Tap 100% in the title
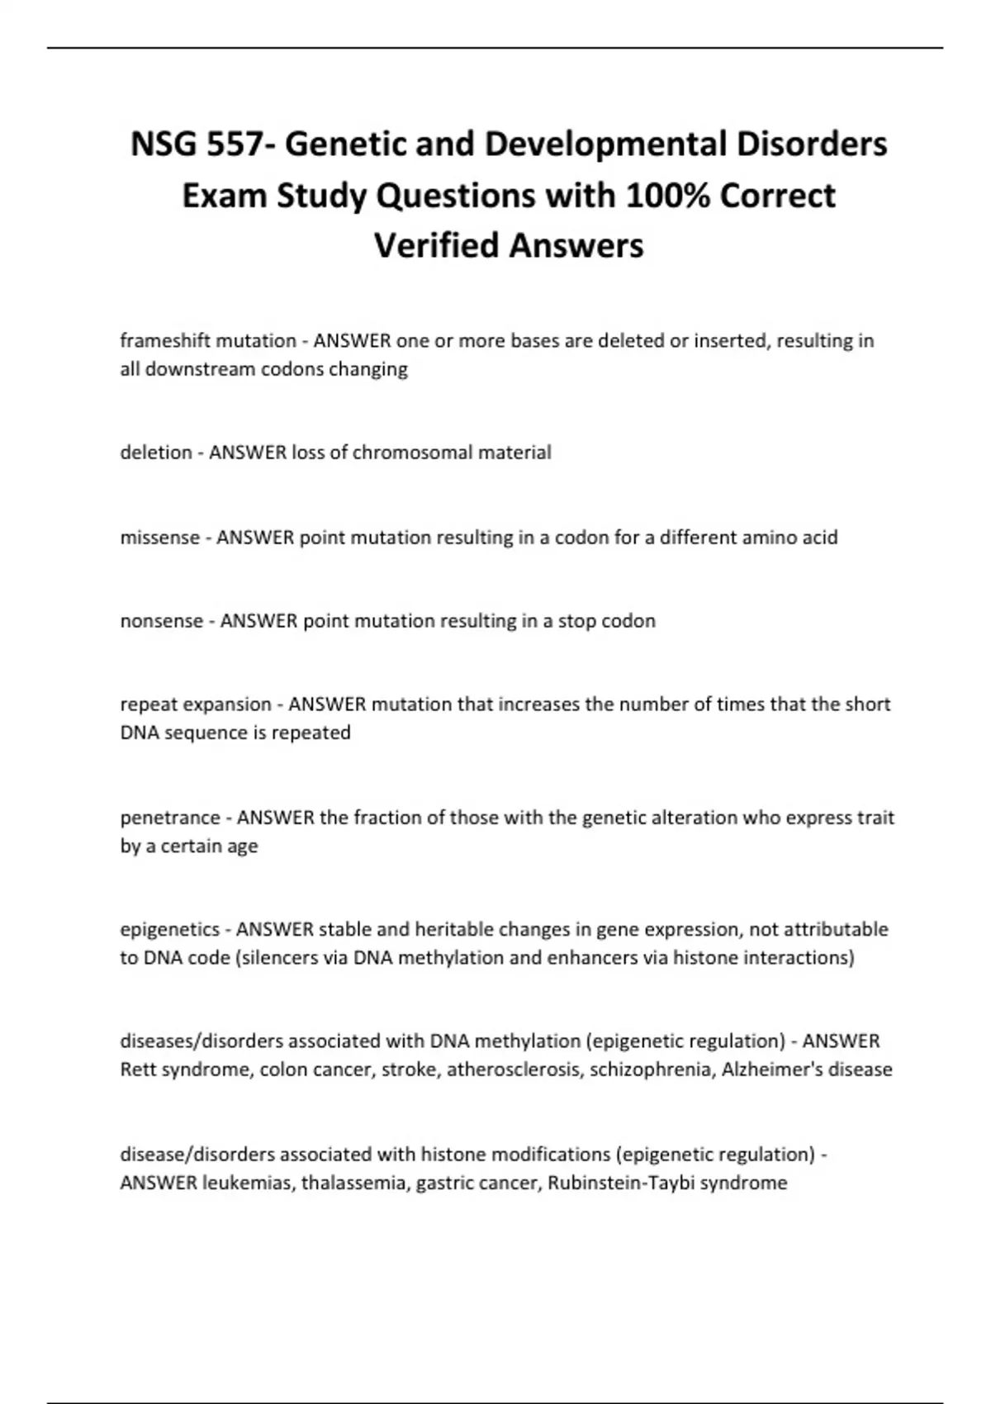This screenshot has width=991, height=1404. point(668,196)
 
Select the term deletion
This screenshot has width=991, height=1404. point(155,453)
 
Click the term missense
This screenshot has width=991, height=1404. point(160,538)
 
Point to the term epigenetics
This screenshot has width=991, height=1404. point(169,930)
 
